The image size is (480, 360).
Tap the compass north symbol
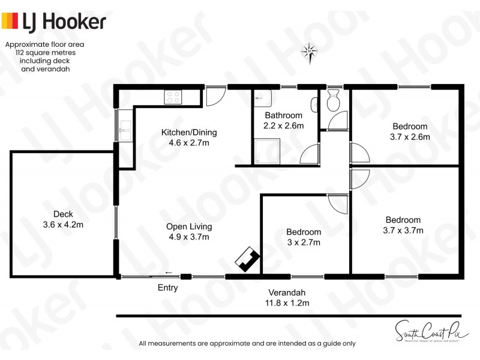click(x=310, y=53)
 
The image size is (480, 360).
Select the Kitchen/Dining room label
click(x=189, y=133)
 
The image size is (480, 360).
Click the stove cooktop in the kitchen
click(x=174, y=97)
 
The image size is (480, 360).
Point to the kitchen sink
click(x=125, y=131)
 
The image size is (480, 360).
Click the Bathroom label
click(x=283, y=115)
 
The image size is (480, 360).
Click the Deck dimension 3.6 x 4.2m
click(x=63, y=225)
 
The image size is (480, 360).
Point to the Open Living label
click(x=189, y=227)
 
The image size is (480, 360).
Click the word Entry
click(x=168, y=288)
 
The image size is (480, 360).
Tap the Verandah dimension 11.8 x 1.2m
click(x=289, y=303)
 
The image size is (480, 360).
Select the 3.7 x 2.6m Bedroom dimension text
click(x=410, y=137)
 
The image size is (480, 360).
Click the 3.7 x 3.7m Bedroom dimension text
click(x=403, y=230)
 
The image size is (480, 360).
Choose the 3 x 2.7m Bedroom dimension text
click(x=303, y=242)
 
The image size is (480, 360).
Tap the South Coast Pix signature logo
click(x=424, y=329)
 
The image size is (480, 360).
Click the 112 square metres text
click(x=44, y=53)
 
